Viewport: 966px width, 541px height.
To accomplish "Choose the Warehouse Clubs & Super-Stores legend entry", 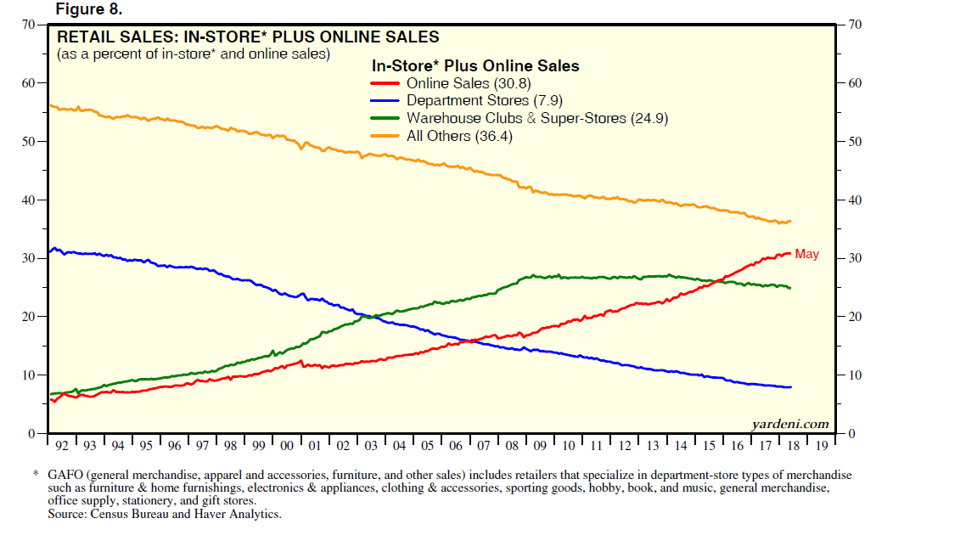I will tap(537, 118).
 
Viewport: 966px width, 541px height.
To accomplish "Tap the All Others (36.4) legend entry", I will tap(459, 136).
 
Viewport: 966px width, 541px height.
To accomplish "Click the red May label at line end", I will tap(806, 254).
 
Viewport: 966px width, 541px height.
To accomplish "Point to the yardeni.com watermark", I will tap(790, 423).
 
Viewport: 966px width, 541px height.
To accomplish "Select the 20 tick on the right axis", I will tap(856, 317).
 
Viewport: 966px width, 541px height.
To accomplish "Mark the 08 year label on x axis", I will tap(512, 445).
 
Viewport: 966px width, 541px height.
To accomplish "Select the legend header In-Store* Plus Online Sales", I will tap(475, 65).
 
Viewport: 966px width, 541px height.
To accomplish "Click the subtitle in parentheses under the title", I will tap(193, 54).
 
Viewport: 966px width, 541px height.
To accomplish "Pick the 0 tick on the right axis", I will tap(852, 434).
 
